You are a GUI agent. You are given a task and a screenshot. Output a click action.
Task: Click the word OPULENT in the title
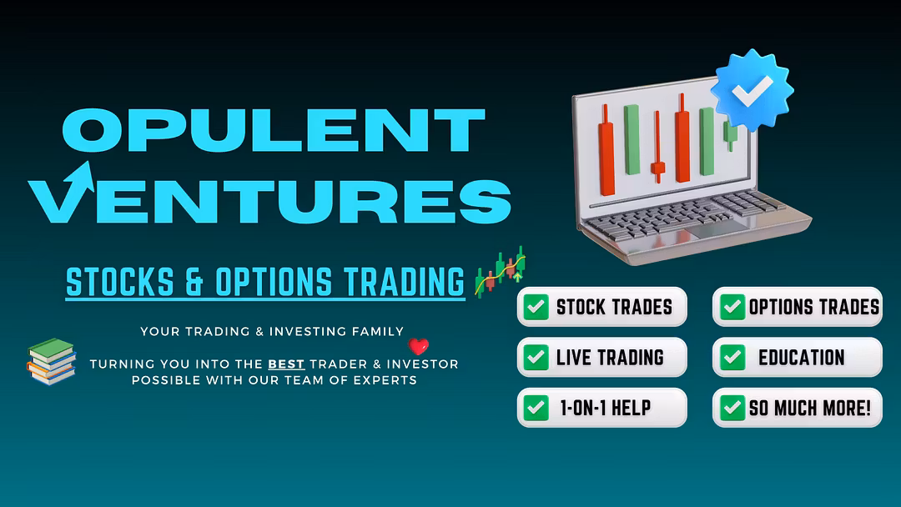274,130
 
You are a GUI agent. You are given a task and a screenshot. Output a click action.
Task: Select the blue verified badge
752,90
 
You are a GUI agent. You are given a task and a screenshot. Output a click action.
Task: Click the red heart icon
418,346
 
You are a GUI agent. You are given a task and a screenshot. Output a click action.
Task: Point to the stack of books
52,361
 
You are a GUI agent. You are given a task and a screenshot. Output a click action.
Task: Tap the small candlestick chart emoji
500,272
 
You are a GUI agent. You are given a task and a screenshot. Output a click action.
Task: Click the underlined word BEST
286,364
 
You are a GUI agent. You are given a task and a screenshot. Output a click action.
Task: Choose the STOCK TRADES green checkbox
536,307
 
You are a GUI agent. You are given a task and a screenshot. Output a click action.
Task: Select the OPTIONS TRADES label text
813,307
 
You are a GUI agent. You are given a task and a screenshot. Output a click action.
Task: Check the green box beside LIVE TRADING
536,357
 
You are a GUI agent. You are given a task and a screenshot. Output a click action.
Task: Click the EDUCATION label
802,358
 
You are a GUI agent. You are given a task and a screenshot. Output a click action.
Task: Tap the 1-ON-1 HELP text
606,409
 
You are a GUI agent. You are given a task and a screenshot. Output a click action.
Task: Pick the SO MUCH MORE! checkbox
732,408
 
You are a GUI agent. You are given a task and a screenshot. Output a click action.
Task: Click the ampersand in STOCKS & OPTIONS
194,282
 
